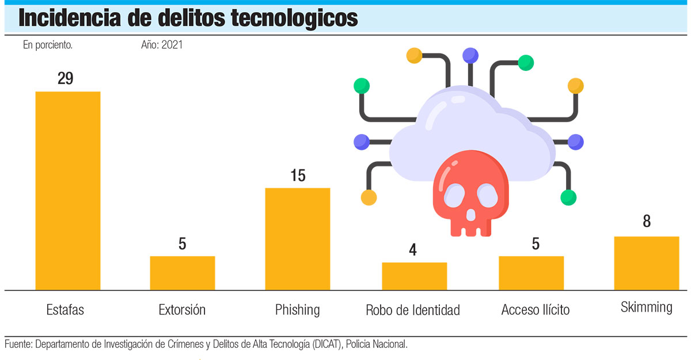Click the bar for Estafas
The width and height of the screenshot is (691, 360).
(x=68, y=190)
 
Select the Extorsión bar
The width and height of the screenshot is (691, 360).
(x=183, y=273)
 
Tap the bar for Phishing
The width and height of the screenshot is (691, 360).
(x=298, y=238)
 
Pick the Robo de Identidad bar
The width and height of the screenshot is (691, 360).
(x=414, y=276)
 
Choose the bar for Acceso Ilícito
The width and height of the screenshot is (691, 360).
(x=531, y=273)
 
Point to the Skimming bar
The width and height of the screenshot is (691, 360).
(x=647, y=263)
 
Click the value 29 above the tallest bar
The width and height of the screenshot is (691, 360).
(x=66, y=79)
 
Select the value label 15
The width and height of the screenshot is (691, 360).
(x=298, y=176)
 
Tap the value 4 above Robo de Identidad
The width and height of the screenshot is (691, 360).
(x=413, y=250)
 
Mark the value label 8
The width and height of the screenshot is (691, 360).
(x=647, y=222)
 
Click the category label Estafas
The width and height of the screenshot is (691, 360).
(x=65, y=310)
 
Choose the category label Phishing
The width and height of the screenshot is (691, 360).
(x=297, y=310)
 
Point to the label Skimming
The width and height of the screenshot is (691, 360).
(x=646, y=307)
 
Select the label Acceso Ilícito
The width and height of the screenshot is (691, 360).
(x=536, y=310)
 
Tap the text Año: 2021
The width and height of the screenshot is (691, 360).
(x=162, y=45)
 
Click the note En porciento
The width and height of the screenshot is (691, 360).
(x=48, y=45)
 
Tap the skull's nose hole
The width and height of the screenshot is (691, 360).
(x=470, y=215)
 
